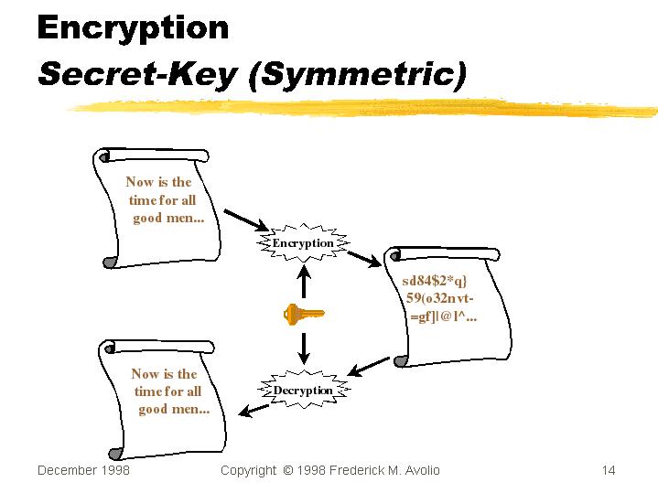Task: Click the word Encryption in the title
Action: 133,29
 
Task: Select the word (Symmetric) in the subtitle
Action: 357,74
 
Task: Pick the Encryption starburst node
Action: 303,243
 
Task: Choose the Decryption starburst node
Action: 303,390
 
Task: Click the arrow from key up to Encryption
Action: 303,281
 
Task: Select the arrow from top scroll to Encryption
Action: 244,220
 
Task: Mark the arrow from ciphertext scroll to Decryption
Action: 369,367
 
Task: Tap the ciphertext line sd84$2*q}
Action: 435,280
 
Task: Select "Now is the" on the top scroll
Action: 158,182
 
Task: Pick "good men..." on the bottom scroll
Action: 174,409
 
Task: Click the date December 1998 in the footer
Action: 83,470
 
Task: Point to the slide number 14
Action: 609,470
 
